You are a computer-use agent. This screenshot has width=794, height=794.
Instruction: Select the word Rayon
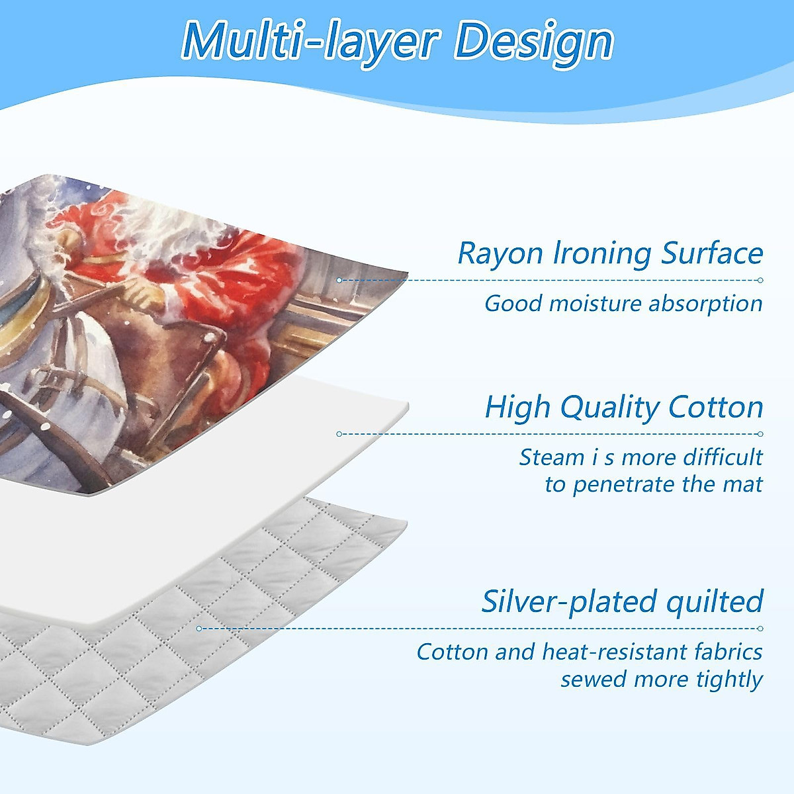point(500,254)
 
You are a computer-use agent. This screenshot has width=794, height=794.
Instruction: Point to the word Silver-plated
point(568,602)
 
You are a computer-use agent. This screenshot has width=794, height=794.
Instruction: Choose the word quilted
point(715,602)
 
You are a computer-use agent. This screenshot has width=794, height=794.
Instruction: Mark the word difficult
point(723,457)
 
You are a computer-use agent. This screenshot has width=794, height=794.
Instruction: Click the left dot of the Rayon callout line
point(339,280)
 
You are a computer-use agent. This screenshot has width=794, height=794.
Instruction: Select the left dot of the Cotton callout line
point(339,434)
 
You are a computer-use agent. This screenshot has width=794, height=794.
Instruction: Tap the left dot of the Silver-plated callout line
point(199,629)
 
